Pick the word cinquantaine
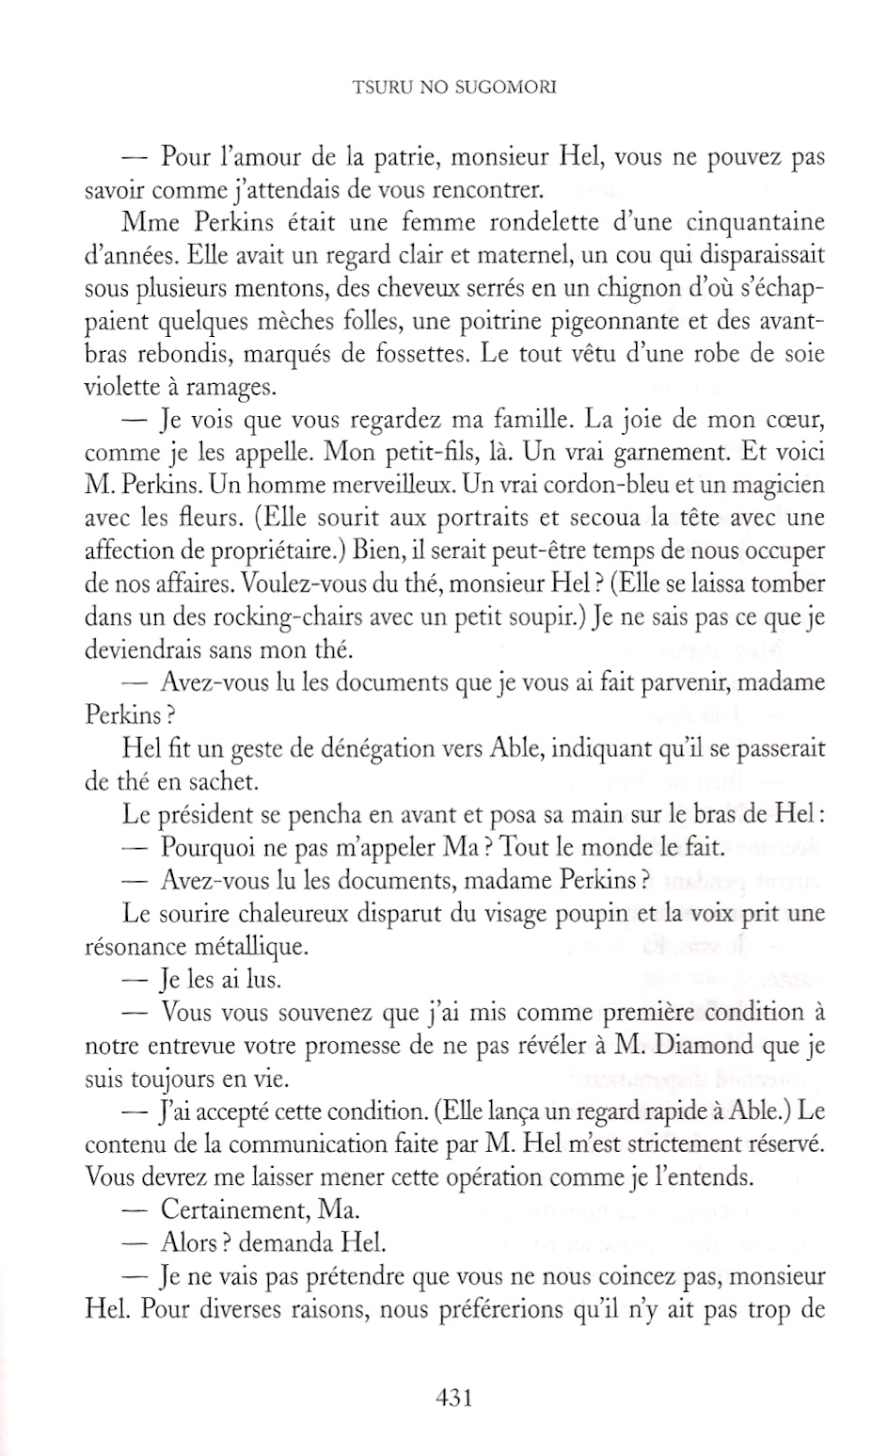tap(755, 223)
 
